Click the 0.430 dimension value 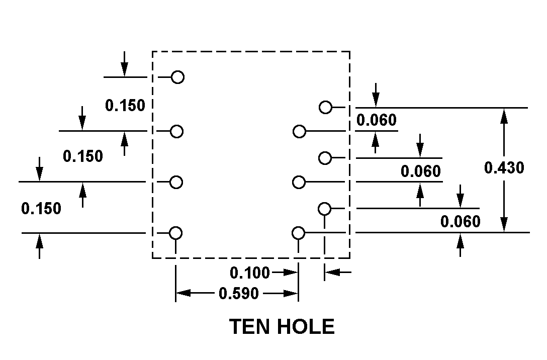point(504,167)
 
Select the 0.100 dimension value point(250,273)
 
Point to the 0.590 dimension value point(239,293)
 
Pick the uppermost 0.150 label point(125,105)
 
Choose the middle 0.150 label point(83,156)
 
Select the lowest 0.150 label point(41,208)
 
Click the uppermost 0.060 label point(376,121)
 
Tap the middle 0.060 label point(421,171)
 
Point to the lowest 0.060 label point(461,221)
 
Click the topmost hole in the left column point(177,77)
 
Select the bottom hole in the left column point(175,233)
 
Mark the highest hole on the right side point(326,107)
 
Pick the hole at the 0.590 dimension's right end point(298,233)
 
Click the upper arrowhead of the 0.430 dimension point(504,114)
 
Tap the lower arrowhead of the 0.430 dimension point(504,226)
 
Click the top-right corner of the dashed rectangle point(349,51)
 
